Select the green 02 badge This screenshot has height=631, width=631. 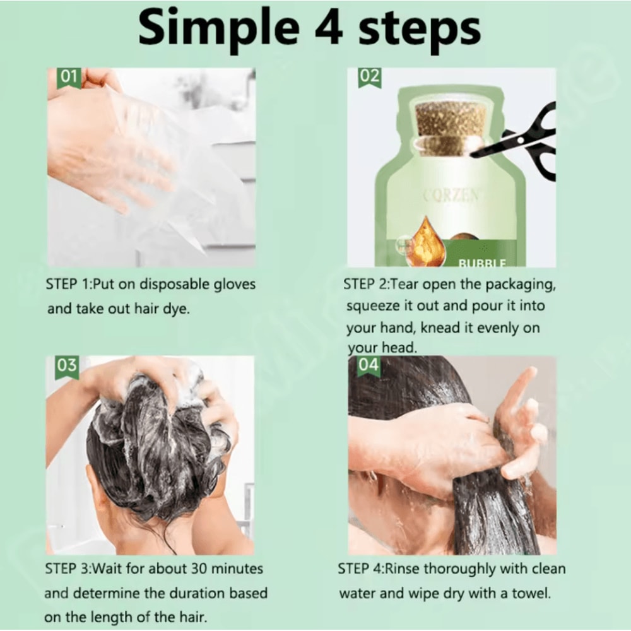(x=369, y=78)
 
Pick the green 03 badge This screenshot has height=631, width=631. (x=67, y=366)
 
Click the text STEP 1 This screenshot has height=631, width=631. (x=68, y=285)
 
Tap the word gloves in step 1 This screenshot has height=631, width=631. (x=233, y=285)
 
